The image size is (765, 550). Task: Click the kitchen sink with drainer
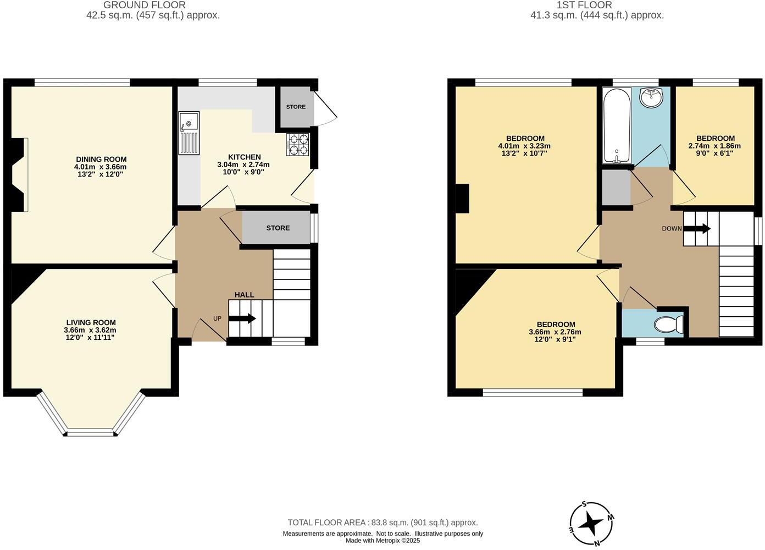[189, 133]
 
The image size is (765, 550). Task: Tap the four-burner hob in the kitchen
[297, 144]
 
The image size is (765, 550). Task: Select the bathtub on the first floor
[617, 126]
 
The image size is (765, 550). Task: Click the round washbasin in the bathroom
[651, 98]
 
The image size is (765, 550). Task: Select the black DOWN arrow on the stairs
[697, 228]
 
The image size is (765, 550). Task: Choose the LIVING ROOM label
[91, 323]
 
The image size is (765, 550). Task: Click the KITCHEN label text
[243, 157]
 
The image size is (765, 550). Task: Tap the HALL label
[244, 295]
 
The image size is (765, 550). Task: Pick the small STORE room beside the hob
[296, 107]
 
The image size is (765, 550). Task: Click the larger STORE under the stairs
[278, 228]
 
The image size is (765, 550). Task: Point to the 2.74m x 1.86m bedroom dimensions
[714, 146]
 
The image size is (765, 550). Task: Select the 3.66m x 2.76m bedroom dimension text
[555, 332]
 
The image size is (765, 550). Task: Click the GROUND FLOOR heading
[145, 5]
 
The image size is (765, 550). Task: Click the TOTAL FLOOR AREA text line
[382, 522]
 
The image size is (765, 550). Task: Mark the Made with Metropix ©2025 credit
[382, 541]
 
